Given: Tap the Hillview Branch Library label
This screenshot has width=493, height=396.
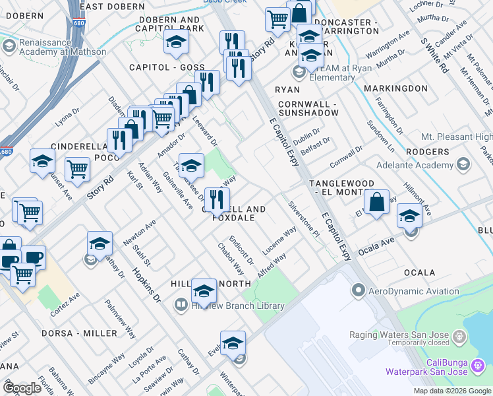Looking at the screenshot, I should pyautogui.click(x=237, y=306).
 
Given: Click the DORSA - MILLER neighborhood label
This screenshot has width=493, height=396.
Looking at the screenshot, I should pyautogui.click(x=79, y=333).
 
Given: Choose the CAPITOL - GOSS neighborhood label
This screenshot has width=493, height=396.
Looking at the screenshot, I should pyautogui.click(x=167, y=67).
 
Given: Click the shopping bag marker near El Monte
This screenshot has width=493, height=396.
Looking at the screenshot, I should pyautogui.click(x=376, y=203).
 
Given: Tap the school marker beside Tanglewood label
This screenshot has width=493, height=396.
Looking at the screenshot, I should pyautogui.click(x=409, y=216).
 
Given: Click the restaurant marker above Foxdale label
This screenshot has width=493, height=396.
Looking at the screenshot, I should pyautogui.click(x=216, y=199).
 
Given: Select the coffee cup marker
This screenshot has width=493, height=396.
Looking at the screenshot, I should pyautogui.click(x=33, y=258).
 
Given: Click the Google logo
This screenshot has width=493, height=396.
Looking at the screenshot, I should pyautogui.click(x=22, y=388).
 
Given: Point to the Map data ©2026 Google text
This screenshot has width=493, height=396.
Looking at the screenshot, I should pyautogui.click(x=451, y=391).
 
